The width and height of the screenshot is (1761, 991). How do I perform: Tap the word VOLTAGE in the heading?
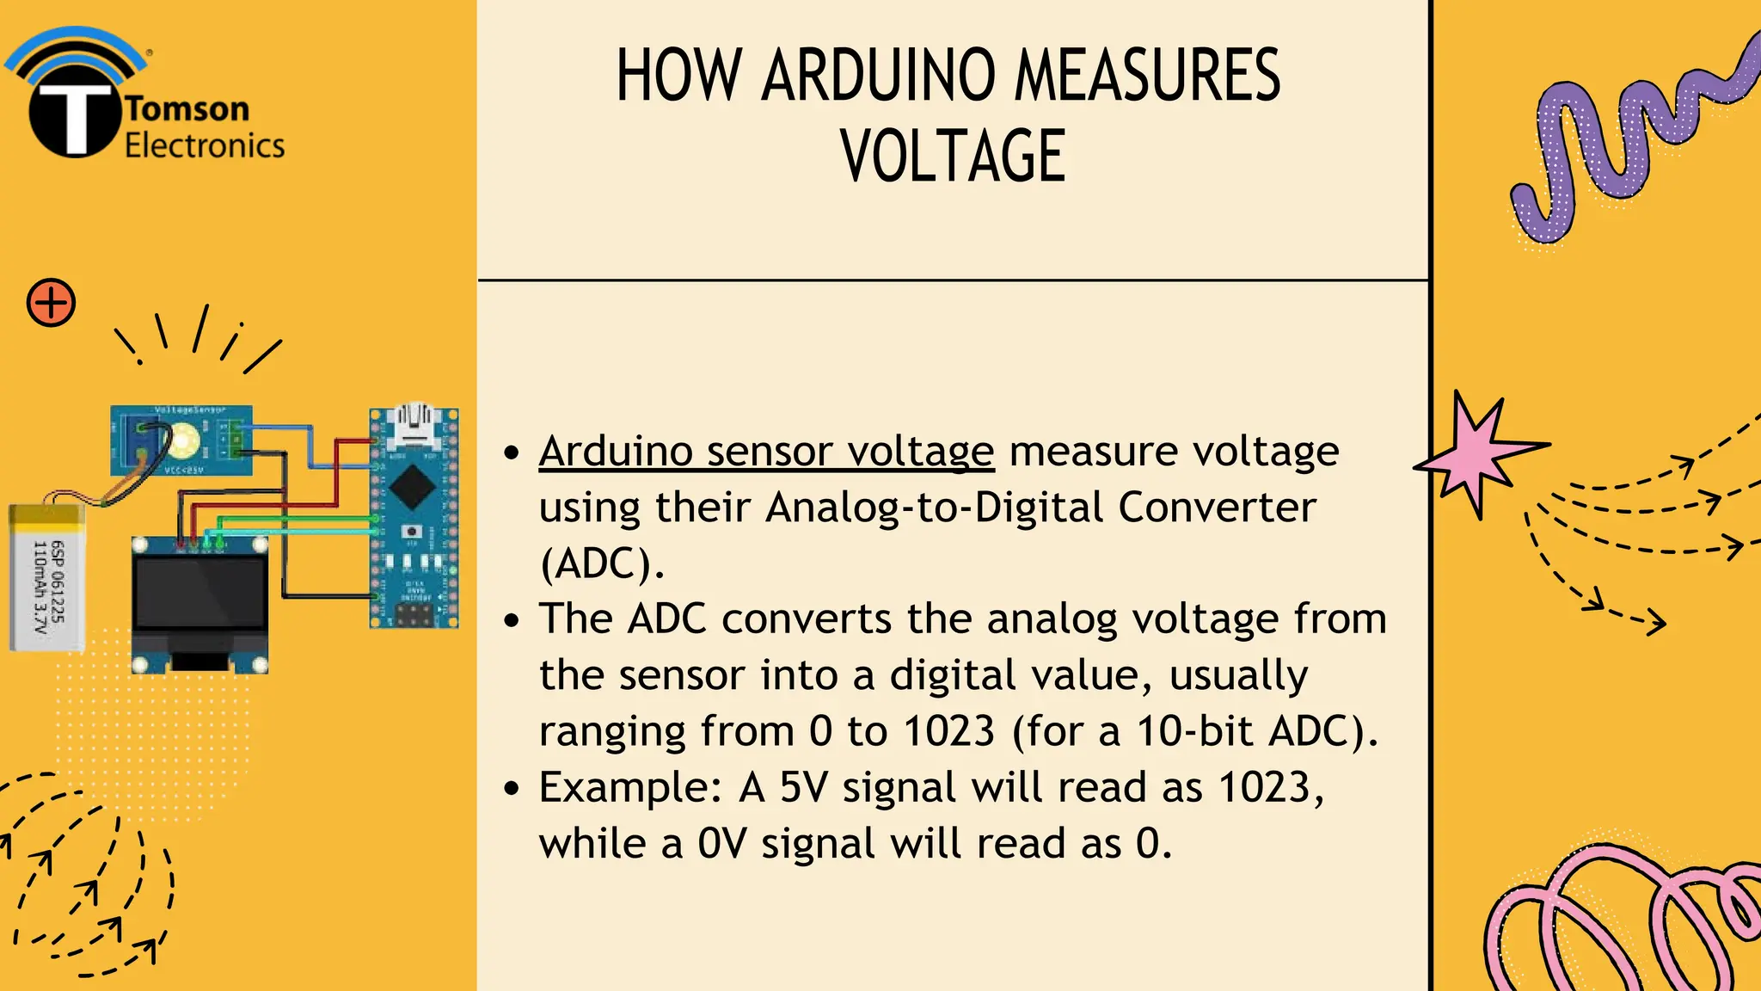pos(953,156)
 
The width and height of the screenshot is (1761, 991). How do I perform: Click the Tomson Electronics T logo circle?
pos(74,117)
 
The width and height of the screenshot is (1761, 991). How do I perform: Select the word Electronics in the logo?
pos(205,145)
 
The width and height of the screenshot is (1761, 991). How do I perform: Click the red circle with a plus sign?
pos(51,303)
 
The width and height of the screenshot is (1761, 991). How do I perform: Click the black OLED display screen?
pos(199,593)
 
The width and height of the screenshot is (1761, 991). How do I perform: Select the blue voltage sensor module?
pos(181,440)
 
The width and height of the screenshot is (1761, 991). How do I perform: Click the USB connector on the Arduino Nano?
pos(413,424)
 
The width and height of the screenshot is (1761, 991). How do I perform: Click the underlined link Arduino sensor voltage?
pos(766,452)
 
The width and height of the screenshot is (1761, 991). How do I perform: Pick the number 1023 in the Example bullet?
pos(1264,787)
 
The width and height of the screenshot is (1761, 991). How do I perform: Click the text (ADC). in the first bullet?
pos(601,564)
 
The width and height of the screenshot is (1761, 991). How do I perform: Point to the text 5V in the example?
pos(803,787)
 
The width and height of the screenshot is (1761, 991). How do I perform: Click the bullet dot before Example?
pos(512,788)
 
